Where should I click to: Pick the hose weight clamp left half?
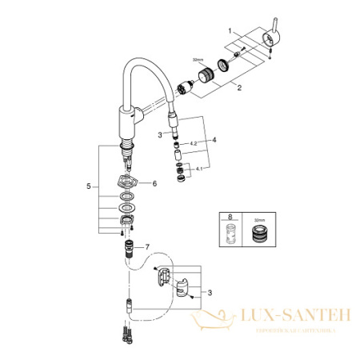(164, 277)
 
